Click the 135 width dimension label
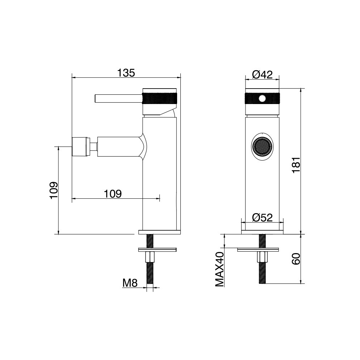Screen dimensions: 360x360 click(126, 73)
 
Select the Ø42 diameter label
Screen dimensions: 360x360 click(262, 75)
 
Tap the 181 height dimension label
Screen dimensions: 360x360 click(296, 165)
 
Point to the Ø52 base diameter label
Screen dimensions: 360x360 click(262, 217)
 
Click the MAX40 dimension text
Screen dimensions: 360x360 click(220, 269)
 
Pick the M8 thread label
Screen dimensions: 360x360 click(130, 283)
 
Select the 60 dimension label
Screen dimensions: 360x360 click(296, 259)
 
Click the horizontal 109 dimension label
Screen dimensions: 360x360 click(113, 194)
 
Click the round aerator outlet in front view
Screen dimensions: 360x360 click(262, 146)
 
